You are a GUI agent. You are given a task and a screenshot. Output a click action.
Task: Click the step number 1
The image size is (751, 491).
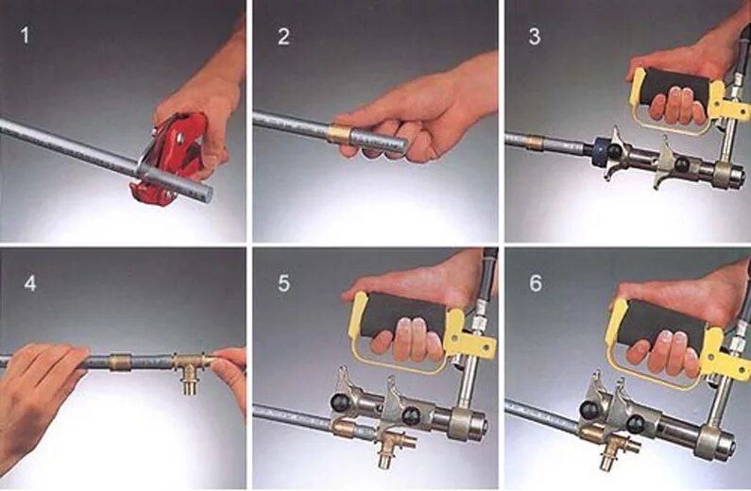point(25,36)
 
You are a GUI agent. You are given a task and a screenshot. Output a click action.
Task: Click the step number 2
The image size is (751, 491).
point(283,37)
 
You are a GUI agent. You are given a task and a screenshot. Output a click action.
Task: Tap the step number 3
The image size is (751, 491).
point(534,37)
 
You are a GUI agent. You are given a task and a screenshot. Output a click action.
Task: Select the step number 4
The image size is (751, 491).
point(29,283)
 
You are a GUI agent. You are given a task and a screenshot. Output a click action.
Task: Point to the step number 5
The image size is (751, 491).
point(283,283)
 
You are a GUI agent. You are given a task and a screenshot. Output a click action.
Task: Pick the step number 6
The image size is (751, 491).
point(536,283)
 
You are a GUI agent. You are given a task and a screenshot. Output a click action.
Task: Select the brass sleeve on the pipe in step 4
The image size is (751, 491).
point(121,362)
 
